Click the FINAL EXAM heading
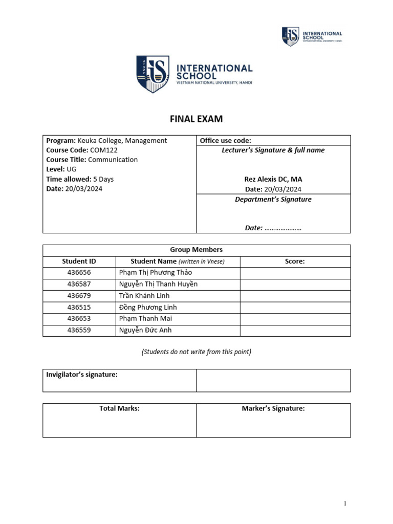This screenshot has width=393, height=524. pos(196,119)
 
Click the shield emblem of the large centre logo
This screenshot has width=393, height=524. pos(152,74)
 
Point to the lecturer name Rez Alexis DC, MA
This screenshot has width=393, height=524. pos(273,179)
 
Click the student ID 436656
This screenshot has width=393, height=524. pos(79,273)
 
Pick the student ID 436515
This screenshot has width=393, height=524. pos(79,307)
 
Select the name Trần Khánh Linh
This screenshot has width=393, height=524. pos(144,296)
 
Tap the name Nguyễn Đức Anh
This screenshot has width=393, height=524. pos(145,330)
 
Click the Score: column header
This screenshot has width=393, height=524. pos(295,261)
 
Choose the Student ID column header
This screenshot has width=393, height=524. pos(79,261)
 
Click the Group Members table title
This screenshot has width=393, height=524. pos(196,250)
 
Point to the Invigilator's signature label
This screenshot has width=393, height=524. pos(82,375)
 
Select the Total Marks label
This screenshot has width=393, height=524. pos(119,408)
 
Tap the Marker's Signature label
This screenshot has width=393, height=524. pos(273,408)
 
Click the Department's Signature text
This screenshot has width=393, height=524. pos(273,199)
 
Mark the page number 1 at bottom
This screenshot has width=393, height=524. pos(345,504)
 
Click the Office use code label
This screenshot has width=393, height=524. pos(226,140)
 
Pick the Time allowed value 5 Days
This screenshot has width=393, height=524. pos(103,179)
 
